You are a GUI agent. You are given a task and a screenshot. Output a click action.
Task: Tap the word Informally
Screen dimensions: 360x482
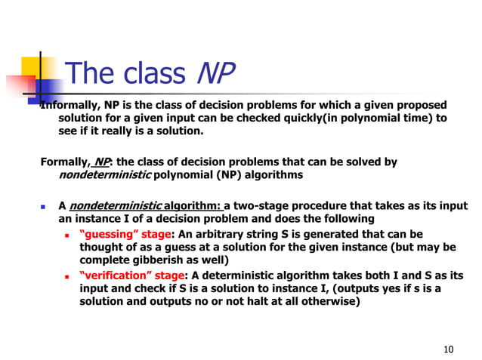click(x=70, y=105)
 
